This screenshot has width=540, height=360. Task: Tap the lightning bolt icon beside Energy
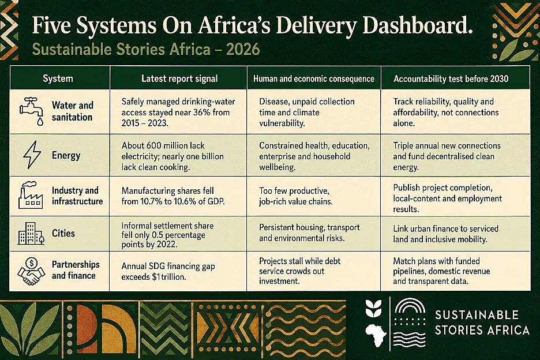pos(32,155)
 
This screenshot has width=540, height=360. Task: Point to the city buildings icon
pos(31,233)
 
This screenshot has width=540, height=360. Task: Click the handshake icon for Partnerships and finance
pos(31,271)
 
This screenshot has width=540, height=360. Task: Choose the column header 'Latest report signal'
pos(179,78)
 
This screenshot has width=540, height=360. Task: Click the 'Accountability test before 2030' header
pos(451,79)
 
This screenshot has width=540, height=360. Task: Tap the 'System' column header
pos(58,78)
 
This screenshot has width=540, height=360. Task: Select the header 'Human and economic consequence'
pos(314,79)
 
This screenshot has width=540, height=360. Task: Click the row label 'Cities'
pos(63,233)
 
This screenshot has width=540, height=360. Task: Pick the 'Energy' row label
pos(66,155)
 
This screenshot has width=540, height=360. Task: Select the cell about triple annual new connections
pos(447,156)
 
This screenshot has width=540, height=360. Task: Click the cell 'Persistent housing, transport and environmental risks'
pos(309,232)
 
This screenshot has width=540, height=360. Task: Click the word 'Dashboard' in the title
pos(417,26)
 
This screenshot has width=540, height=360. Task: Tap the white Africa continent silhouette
pos(376,335)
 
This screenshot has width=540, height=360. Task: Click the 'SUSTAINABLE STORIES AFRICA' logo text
pos(482,322)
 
